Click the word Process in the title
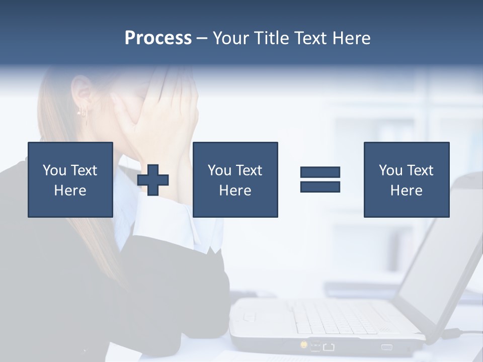click(158, 38)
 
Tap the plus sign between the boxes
click(153, 180)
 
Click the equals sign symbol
click(320, 179)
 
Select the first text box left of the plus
click(70, 179)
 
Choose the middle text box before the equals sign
click(235, 179)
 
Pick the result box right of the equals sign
click(406, 179)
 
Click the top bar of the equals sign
click(320, 172)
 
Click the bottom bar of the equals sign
click(320, 187)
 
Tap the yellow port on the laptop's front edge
click(304, 345)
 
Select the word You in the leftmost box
click(54, 170)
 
